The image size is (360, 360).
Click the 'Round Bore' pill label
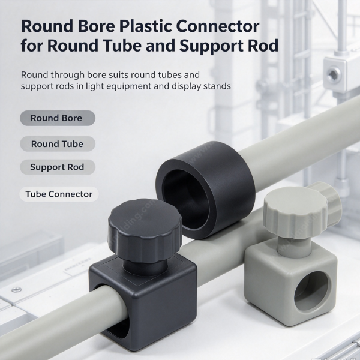(x=58, y=118)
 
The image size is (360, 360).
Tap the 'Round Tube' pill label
(x=58, y=144)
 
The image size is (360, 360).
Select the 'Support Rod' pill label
(x=58, y=167)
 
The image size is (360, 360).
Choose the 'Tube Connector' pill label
(x=59, y=194)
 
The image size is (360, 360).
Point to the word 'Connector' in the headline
(x=218, y=26)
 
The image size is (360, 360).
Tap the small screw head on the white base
(x=17, y=290)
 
